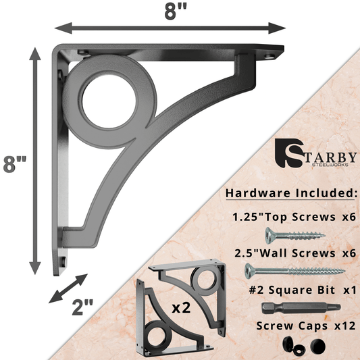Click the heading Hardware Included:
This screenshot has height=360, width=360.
(x=291, y=193)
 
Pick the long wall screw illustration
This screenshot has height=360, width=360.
(x=294, y=272)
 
